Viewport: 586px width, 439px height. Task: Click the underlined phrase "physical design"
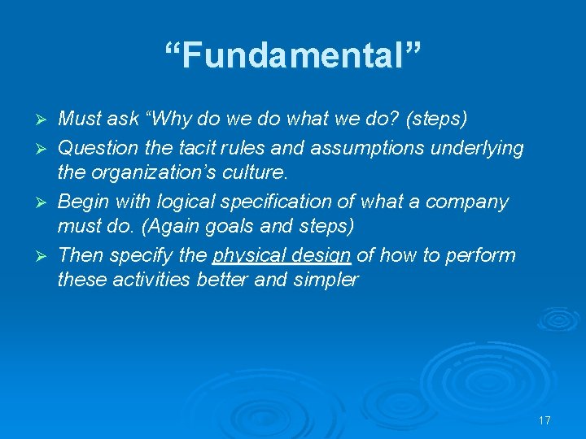point(282,256)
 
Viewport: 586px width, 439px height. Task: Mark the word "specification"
point(282,201)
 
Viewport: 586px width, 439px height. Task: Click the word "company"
point(483,201)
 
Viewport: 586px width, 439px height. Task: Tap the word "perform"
point(479,255)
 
